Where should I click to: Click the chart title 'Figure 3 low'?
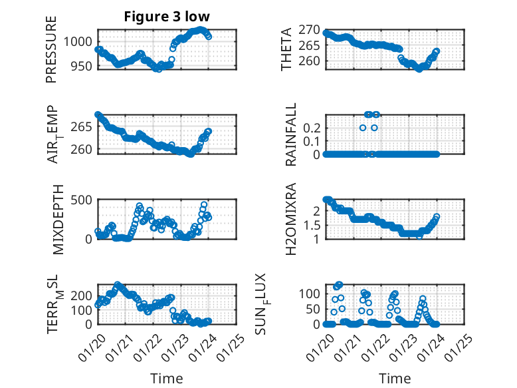(166, 17)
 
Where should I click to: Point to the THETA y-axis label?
(286, 49)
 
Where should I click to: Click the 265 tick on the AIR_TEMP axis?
(86, 126)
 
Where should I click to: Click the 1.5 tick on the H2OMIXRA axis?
(313, 225)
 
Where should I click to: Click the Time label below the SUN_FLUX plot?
(395, 379)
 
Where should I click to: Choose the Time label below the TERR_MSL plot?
(166, 379)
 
